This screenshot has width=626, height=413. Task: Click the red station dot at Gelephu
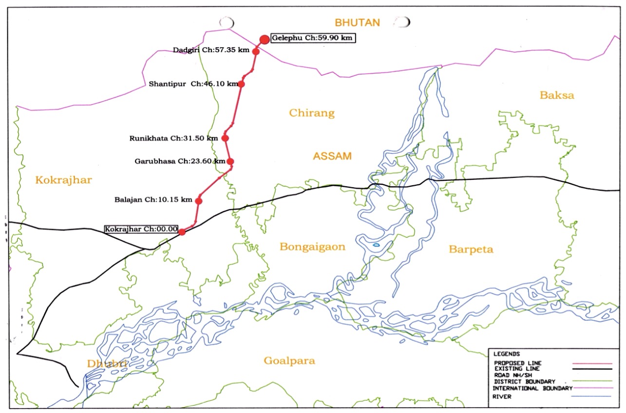click(x=264, y=39)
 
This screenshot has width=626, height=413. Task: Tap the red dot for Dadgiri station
click(x=256, y=51)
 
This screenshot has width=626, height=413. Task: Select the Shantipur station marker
click(x=241, y=84)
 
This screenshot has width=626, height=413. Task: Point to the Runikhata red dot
click(x=225, y=138)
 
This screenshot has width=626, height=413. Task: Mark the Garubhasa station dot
click(x=230, y=161)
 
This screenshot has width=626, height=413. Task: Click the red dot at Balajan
click(x=199, y=200)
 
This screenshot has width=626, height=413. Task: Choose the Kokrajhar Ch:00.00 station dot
click(x=182, y=232)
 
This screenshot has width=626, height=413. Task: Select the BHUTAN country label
click(x=357, y=22)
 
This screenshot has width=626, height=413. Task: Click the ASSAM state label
click(x=332, y=157)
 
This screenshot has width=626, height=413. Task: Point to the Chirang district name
click(x=312, y=113)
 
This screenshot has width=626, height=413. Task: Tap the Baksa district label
click(x=557, y=95)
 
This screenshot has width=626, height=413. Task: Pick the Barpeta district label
click(x=471, y=250)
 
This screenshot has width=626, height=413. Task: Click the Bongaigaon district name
click(x=312, y=247)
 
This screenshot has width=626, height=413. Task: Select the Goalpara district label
click(x=289, y=361)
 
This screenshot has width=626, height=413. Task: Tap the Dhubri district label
click(x=107, y=364)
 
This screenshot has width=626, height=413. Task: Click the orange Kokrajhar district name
click(x=63, y=180)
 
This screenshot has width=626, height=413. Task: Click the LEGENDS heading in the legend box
click(x=507, y=354)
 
